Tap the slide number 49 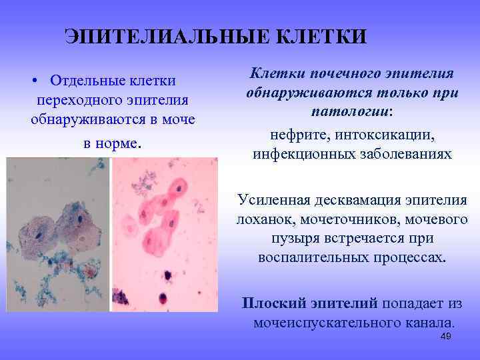(446, 337)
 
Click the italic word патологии (351, 110)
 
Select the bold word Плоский (273, 303)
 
